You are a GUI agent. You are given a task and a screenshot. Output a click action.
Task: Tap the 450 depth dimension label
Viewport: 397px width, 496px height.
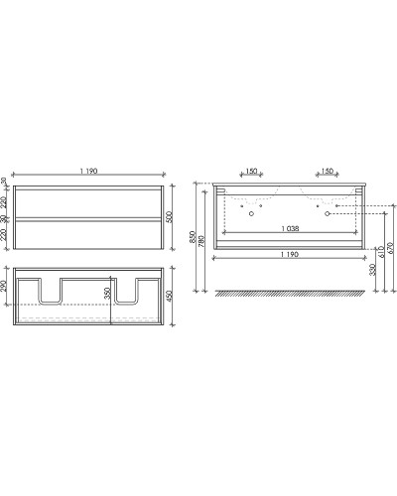(172, 295)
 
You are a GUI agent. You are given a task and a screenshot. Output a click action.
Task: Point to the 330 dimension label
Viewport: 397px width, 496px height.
(372, 269)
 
